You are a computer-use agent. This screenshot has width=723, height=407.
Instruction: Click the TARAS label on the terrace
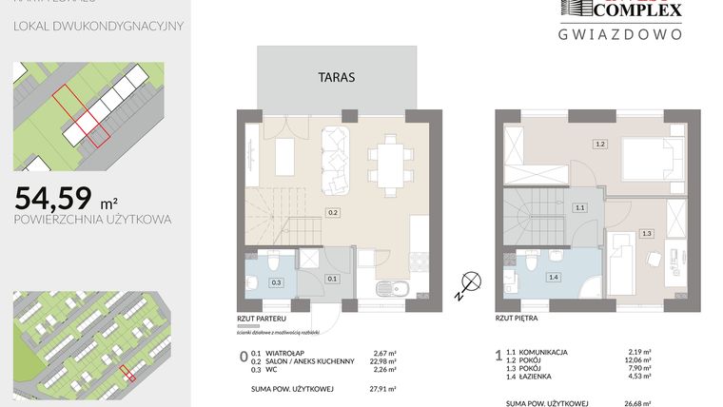click(337, 78)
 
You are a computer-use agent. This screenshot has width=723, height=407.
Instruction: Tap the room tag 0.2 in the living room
click(333, 212)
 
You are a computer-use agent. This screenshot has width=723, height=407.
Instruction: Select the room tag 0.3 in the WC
click(277, 282)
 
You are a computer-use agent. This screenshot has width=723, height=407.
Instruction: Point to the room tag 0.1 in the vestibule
click(332, 279)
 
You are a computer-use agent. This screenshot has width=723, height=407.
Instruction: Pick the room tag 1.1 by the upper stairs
click(578, 206)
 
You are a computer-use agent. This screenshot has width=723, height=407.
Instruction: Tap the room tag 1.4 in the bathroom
click(553, 277)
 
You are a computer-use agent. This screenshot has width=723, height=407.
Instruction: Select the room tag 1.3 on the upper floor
click(646, 233)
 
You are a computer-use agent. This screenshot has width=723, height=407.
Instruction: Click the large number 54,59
click(53, 198)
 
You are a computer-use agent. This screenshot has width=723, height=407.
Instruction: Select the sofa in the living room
click(337, 159)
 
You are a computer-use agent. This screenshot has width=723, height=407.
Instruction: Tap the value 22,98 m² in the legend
click(381, 360)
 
